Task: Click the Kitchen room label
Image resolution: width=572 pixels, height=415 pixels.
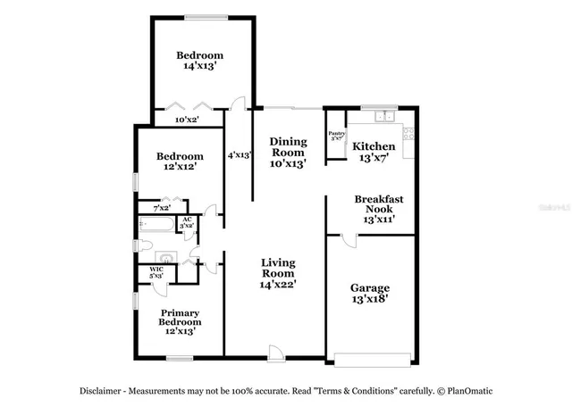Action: (374, 146)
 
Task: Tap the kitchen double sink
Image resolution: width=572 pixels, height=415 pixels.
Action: (384, 116)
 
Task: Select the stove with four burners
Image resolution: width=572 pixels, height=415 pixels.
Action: (409, 135)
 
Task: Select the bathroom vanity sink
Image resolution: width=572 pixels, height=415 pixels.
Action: (165, 259)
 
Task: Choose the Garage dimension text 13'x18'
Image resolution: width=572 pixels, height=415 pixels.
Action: (369, 302)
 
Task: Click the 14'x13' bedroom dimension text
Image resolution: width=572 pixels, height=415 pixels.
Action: (199, 65)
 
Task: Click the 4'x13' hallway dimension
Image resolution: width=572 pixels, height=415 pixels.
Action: (239, 154)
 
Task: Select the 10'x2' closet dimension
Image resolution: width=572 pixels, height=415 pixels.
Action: (186, 119)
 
